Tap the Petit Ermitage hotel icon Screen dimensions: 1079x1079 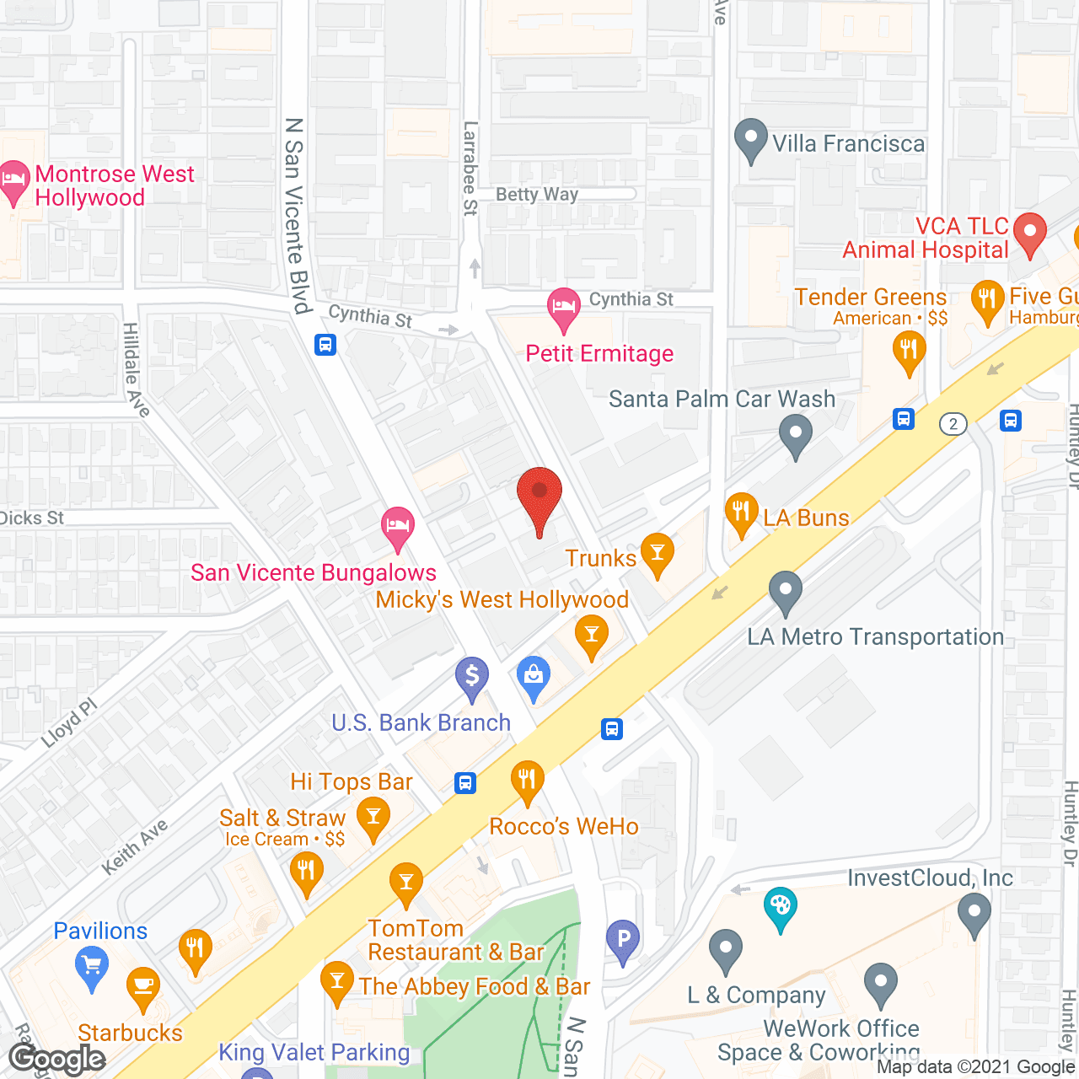563,307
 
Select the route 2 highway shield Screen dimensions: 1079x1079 953,423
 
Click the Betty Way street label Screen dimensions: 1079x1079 537,195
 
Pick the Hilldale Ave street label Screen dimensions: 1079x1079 136,370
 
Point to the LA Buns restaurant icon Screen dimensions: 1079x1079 741,512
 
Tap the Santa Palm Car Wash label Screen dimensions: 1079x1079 722,399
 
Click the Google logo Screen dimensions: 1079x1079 57,1059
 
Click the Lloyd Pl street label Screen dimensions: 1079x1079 69,723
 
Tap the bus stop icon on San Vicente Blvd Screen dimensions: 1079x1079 325,344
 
